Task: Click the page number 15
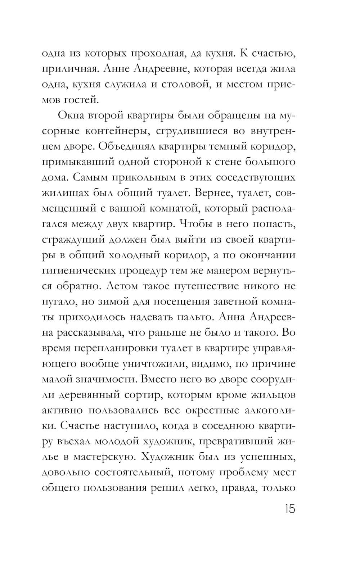(288, 509)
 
